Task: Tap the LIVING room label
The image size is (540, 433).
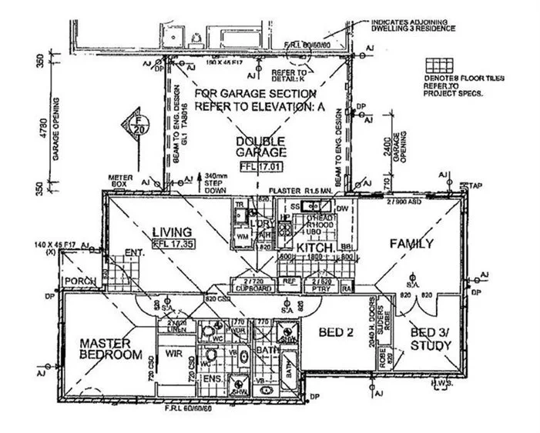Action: click(171, 231)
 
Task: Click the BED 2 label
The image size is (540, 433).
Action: click(337, 333)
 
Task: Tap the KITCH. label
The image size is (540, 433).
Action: click(314, 248)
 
